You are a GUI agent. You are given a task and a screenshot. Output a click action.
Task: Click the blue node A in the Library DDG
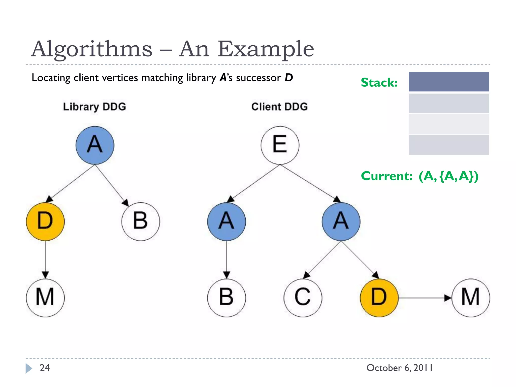95,145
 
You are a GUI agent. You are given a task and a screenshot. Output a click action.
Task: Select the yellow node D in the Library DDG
45,221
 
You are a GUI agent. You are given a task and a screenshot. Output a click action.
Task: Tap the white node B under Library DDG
140,221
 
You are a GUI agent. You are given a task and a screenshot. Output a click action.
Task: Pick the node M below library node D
45,298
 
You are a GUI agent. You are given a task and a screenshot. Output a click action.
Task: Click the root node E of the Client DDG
280,145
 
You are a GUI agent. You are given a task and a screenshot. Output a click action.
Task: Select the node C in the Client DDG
303,298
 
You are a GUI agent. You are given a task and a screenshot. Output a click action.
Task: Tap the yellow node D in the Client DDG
379,298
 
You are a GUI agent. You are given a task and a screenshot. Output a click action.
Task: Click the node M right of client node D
470,298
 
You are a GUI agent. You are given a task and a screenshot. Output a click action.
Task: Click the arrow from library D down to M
45,260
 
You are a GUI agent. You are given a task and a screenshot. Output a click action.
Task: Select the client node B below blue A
226,298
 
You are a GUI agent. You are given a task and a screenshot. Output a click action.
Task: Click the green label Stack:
379,82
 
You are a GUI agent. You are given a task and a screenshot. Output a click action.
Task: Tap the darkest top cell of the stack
448,82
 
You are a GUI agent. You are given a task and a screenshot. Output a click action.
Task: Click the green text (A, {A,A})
448,176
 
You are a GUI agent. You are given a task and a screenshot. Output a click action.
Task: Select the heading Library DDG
94,107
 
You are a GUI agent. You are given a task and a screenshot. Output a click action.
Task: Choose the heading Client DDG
279,107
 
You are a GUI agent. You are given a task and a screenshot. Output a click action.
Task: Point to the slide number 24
45,368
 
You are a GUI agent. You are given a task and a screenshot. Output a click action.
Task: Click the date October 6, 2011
399,368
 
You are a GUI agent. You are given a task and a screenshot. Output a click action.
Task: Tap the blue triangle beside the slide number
28,368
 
